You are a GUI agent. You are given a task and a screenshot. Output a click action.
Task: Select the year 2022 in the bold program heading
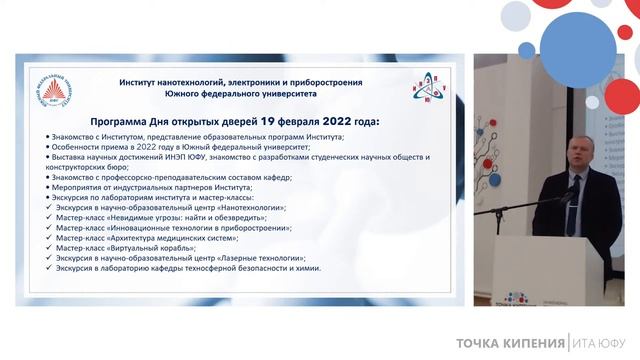click(x=369, y=121)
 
